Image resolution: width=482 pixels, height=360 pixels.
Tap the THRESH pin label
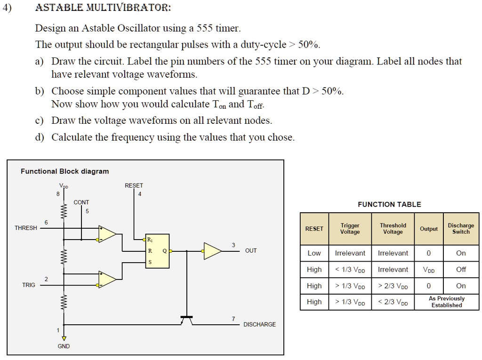tap(26, 228)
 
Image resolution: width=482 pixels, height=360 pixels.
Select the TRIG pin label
tap(29, 285)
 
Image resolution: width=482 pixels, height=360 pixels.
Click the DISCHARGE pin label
tap(259, 325)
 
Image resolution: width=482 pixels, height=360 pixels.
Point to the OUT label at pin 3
tap(251, 251)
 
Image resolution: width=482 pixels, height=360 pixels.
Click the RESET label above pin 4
tap(134, 186)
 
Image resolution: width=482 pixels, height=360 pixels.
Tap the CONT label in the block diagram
tap(81, 202)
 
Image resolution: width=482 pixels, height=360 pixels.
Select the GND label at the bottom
tap(64, 346)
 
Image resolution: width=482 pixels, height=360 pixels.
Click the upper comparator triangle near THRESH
tap(107, 233)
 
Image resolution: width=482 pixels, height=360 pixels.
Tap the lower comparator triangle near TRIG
tap(107, 280)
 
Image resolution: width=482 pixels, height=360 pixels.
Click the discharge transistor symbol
tap(187, 320)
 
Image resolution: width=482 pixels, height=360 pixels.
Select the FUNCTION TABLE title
tap(389, 204)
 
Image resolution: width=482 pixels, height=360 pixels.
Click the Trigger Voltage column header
tap(350, 229)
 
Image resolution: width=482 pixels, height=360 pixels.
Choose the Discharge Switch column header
tap(461, 229)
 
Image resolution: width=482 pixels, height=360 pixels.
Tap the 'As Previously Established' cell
tap(446, 302)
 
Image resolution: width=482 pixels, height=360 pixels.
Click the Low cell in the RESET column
tap(314, 253)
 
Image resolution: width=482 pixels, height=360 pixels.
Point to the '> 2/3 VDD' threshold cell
tap(393, 286)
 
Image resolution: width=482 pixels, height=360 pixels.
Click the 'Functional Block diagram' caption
tap(64, 171)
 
